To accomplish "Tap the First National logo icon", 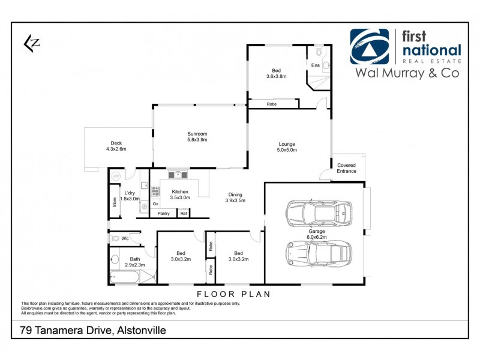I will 370,46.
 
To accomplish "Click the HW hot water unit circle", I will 115,176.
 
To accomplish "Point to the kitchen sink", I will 178,175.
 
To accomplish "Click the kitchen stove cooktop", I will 155,191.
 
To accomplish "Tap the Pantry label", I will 163,213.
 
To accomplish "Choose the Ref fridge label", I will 184,213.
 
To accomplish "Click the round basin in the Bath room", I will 115,260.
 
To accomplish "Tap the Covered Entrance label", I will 346,168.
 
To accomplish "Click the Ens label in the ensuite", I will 315,65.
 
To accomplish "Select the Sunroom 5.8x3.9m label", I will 197,136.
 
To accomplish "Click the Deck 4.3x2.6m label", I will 116,146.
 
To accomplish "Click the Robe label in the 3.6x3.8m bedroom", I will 272,104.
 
